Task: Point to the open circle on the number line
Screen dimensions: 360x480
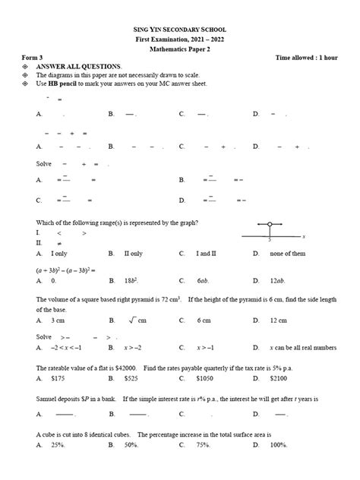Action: tap(270, 225)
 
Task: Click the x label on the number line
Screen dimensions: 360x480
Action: tap(302, 236)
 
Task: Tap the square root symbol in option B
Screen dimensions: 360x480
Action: tap(132, 321)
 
